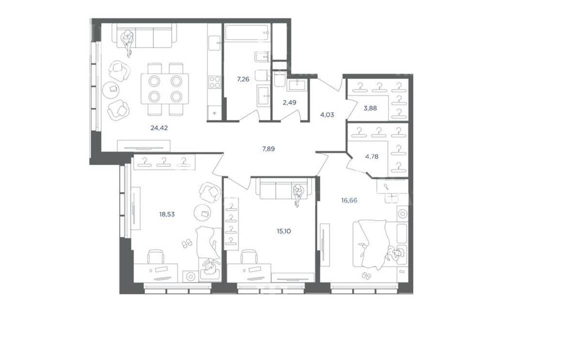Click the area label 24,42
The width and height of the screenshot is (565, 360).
pos(159,127)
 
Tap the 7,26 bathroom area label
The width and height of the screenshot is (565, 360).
pos(243,79)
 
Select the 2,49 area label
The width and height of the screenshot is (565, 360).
pos(289,102)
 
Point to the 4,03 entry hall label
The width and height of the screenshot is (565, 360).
pos(327,115)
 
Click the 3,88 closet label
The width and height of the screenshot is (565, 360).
pos(370,107)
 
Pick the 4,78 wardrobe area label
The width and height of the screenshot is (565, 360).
pos(372,156)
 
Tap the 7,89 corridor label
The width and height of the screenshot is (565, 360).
pos(268,148)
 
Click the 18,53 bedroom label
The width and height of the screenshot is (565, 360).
pos(167,214)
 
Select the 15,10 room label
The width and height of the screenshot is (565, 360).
pos(284,231)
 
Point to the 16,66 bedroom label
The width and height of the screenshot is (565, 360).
pos(349,200)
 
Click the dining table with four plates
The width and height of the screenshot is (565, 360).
pos(164,88)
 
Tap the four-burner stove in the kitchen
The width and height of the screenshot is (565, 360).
pos(215,82)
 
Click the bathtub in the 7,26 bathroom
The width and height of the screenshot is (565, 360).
pos(247,33)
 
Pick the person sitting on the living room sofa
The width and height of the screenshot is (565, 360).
pos(127,42)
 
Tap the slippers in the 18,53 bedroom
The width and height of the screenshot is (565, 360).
pos(186,244)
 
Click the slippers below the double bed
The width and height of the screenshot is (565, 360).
pos(365,275)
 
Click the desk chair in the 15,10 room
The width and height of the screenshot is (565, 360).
pos(249,257)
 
